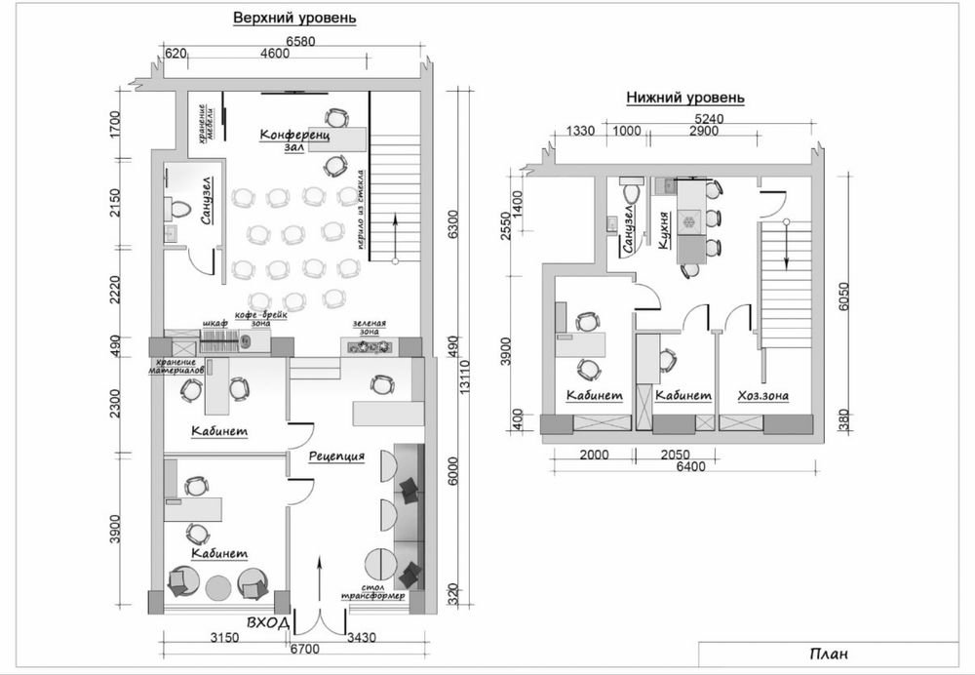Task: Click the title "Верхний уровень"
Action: coord(294,18)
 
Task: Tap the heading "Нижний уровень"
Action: coord(684,98)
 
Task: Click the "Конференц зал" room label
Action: coord(294,140)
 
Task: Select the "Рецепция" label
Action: coord(336,457)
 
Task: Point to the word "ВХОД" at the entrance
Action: coord(268,622)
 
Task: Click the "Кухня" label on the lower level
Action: coord(664,230)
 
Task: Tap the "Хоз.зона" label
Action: coord(763,396)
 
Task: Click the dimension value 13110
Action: coord(465,377)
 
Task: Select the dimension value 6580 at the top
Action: coord(300,42)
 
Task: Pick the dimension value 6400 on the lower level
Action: coord(690,466)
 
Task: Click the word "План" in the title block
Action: coord(829,654)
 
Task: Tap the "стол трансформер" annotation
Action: coord(372,592)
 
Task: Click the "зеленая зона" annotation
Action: coord(370,327)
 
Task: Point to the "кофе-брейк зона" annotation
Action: coord(261,319)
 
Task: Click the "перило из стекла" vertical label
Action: coord(360,210)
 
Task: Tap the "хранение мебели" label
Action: coord(206,123)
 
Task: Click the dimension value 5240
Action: coord(709,119)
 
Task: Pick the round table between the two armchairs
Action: coord(217,586)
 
